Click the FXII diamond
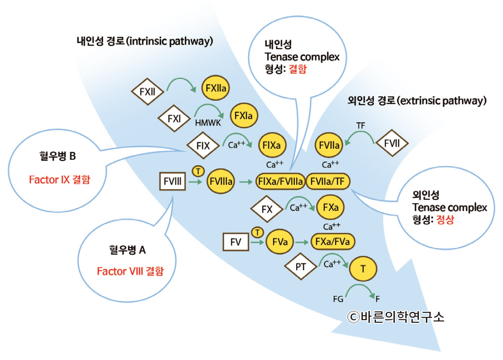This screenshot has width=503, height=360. pos(147,92)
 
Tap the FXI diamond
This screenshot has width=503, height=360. pos(174,118)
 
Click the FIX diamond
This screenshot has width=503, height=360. pos(203,145)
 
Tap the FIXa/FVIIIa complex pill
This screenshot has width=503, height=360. pos(280,181)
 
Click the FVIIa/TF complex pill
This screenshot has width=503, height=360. pos(328,181)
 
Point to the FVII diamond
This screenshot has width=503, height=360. pos(392,143)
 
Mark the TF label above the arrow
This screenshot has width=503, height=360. pos(361,125)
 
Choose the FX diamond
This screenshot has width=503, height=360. pos(267,209)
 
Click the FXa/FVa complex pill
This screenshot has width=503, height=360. pos(333,240)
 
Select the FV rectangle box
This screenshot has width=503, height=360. pos(236,241)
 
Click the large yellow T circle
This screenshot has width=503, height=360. pos(363,269)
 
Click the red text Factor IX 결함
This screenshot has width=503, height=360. pos(59,180)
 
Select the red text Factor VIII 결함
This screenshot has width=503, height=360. pos(130,271)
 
